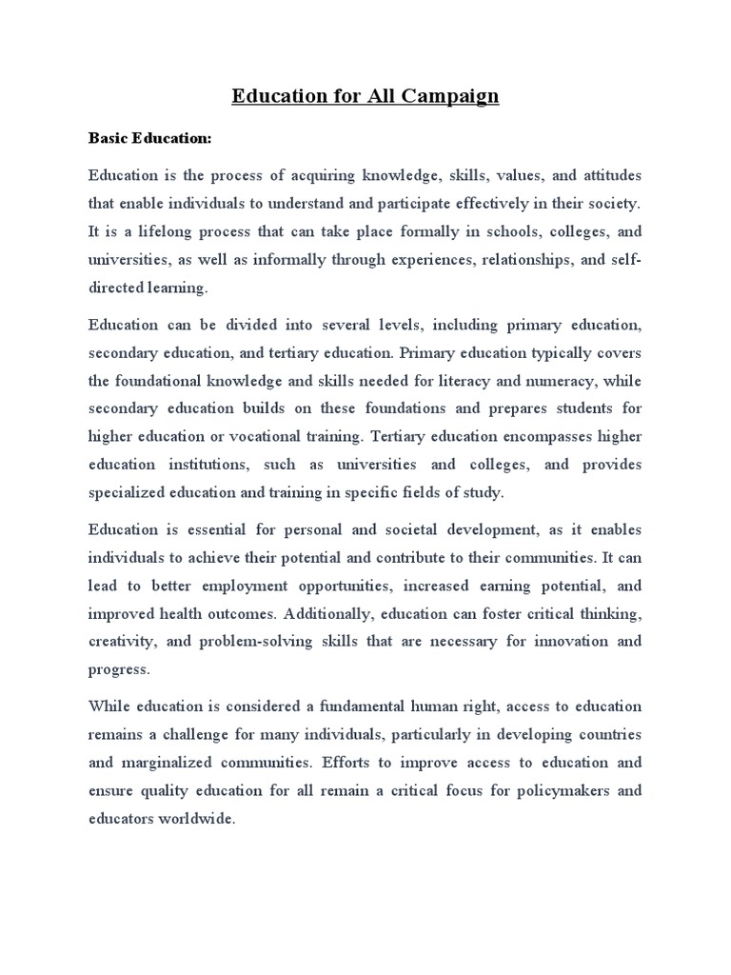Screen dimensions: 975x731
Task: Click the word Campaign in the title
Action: pos(446,97)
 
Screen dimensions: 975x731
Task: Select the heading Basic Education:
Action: pos(149,138)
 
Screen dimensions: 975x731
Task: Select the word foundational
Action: pos(162,382)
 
